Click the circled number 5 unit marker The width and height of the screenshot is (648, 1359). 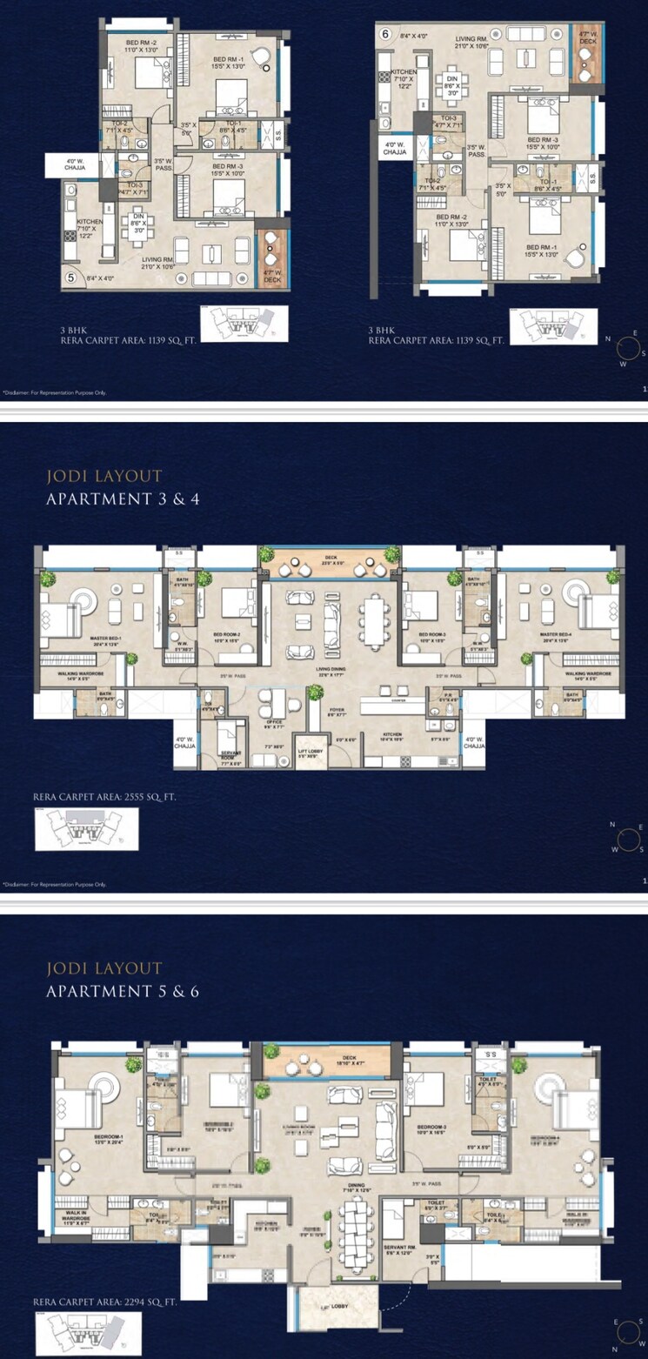tap(70, 279)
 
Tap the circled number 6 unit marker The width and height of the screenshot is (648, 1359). tap(384, 35)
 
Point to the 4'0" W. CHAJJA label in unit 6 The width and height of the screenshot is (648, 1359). tap(393, 150)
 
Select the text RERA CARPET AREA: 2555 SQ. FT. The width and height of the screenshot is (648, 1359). tap(104, 796)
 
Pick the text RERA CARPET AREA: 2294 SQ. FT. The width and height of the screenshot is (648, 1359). tap(104, 1302)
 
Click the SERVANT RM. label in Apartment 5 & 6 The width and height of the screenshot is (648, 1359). tap(402, 1248)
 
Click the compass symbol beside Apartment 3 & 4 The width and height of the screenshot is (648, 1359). tap(627, 836)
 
